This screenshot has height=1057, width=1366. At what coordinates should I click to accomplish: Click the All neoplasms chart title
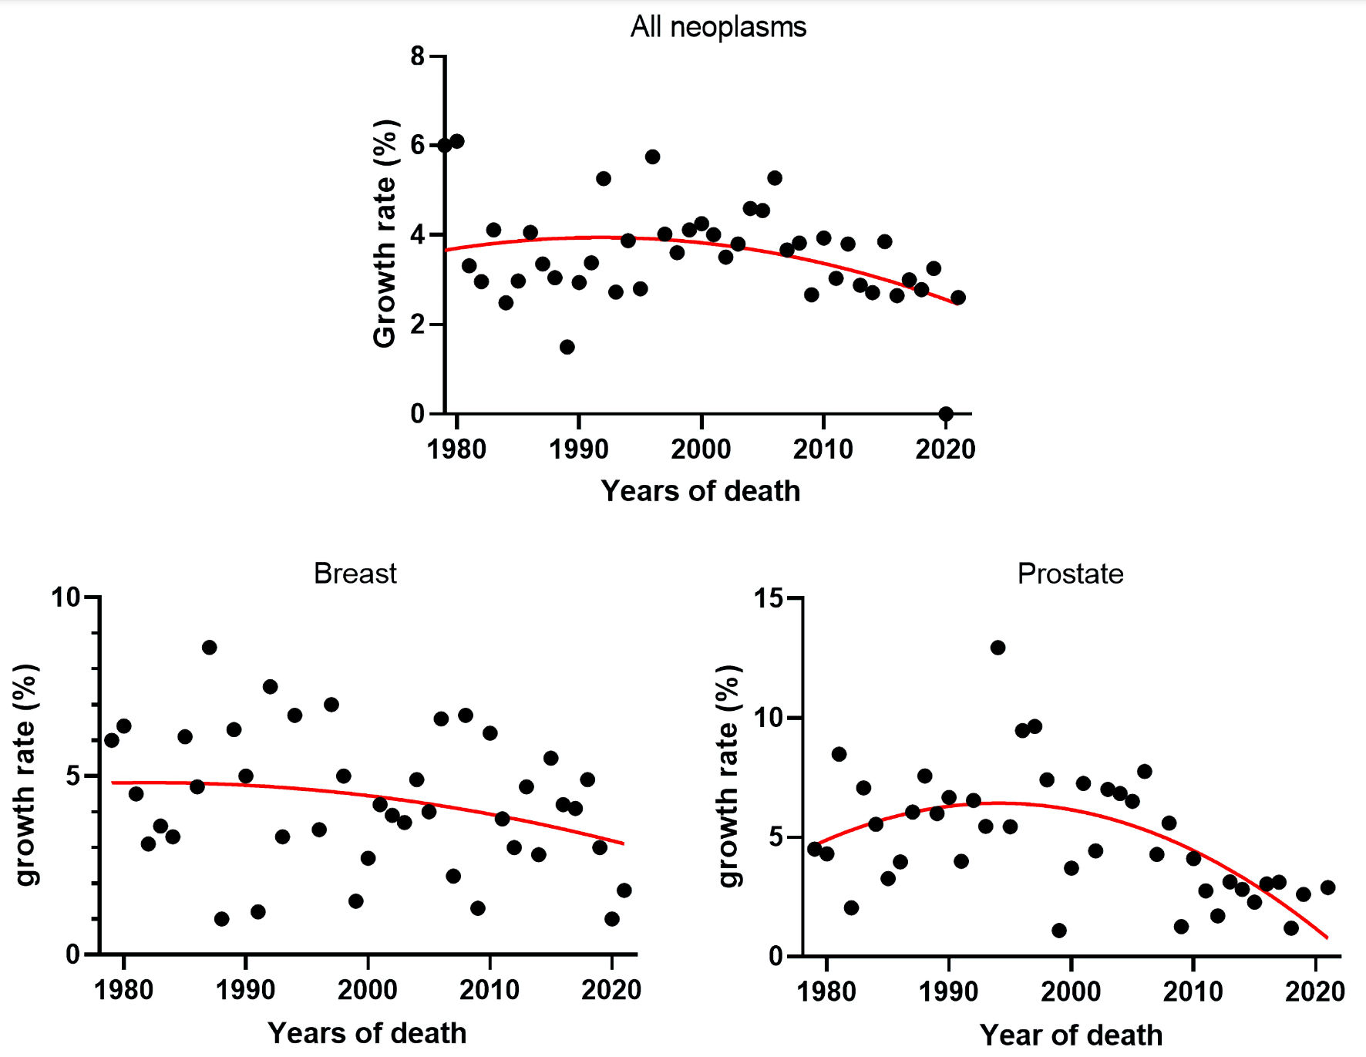click(x=718, y=27)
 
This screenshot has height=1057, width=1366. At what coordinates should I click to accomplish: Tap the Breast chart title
click(x=355, y=574)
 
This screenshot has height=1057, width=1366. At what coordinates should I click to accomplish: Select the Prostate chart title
click(x=1070, y=574)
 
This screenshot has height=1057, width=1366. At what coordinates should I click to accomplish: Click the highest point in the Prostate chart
click(x=998, y=648)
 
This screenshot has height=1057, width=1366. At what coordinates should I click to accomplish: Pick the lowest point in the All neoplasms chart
click(x=946, y=414)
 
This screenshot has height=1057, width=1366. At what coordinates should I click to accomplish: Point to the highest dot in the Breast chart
click(x=209, y=648)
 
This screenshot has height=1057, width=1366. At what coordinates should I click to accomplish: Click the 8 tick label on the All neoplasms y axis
click(x=417, y=56)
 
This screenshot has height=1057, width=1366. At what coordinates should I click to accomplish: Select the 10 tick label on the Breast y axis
click(x=66, y=597)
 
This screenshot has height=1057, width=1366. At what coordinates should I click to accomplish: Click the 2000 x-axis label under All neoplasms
click(x=701, y=449)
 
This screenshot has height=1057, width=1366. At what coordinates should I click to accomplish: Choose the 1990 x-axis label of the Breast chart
click(x=245, y=990)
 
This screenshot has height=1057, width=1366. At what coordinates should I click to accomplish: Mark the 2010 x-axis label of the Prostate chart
click(x=1193, y=991)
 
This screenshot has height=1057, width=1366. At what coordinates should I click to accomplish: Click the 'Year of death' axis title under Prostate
click(x=1071, y=1035)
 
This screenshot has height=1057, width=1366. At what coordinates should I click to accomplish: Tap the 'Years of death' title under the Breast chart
click(x=367, y=1033)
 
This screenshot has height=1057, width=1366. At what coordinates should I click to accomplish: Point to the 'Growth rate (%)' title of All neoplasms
click(x=384, y=234)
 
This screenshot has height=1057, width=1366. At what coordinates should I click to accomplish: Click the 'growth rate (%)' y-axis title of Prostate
click(x=728, y=776)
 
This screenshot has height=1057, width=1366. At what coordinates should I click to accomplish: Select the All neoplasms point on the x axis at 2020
click(x=946, y=414)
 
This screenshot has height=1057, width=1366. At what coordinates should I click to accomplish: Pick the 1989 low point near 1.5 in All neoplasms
click(x=567, y=347)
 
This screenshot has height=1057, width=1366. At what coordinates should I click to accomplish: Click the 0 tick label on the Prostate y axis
click(x=775, y=957)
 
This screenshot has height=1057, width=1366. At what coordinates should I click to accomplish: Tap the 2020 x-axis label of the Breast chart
click(x=611, y=990)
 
